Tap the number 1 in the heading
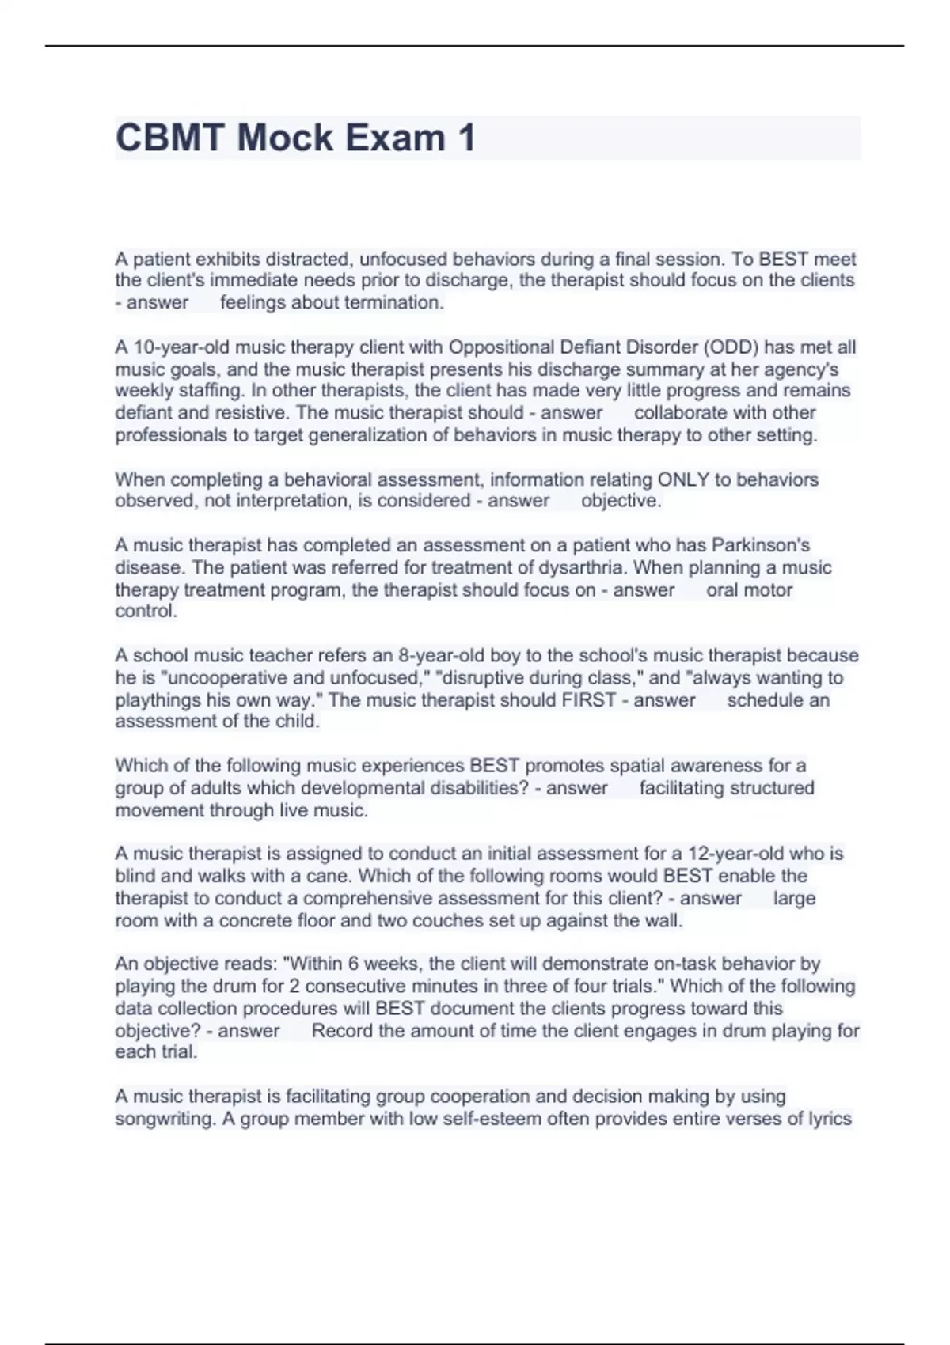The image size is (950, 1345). [465, 138]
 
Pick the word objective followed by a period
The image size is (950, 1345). [621, 501]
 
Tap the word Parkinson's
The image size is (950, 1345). [761, 545]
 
